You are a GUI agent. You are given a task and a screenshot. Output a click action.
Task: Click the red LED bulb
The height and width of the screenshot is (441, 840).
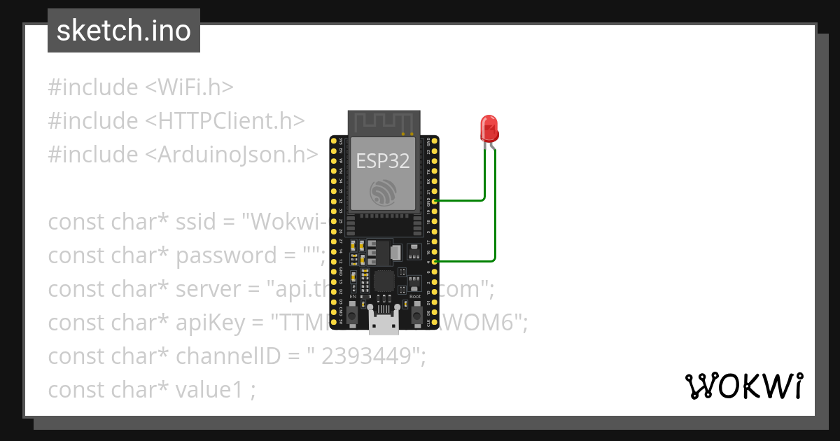click(489, 128)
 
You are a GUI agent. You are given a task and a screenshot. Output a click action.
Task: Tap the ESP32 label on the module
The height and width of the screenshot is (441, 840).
click(383, 161)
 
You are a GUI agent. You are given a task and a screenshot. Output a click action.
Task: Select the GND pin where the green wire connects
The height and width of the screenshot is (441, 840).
click(435, 200)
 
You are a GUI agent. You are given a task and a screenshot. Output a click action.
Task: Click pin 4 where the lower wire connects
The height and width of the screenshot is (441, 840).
click(435, 261)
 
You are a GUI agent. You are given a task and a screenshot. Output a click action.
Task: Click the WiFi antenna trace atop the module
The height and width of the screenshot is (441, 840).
click(383, 122)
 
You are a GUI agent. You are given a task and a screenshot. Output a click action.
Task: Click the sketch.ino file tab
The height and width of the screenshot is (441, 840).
click(124, 31)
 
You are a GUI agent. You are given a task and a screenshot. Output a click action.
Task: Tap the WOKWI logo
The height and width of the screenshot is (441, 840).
click(743, 386)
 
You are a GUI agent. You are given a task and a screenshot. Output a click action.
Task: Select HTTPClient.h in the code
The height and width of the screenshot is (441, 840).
click(225, 121)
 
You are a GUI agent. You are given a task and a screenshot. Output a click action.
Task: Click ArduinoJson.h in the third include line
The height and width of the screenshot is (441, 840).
click(232, 155)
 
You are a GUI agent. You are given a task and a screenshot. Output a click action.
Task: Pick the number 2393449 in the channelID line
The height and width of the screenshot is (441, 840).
click(365, 356)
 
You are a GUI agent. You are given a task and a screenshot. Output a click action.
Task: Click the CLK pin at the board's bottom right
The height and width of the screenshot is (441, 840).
click(435, 323)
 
